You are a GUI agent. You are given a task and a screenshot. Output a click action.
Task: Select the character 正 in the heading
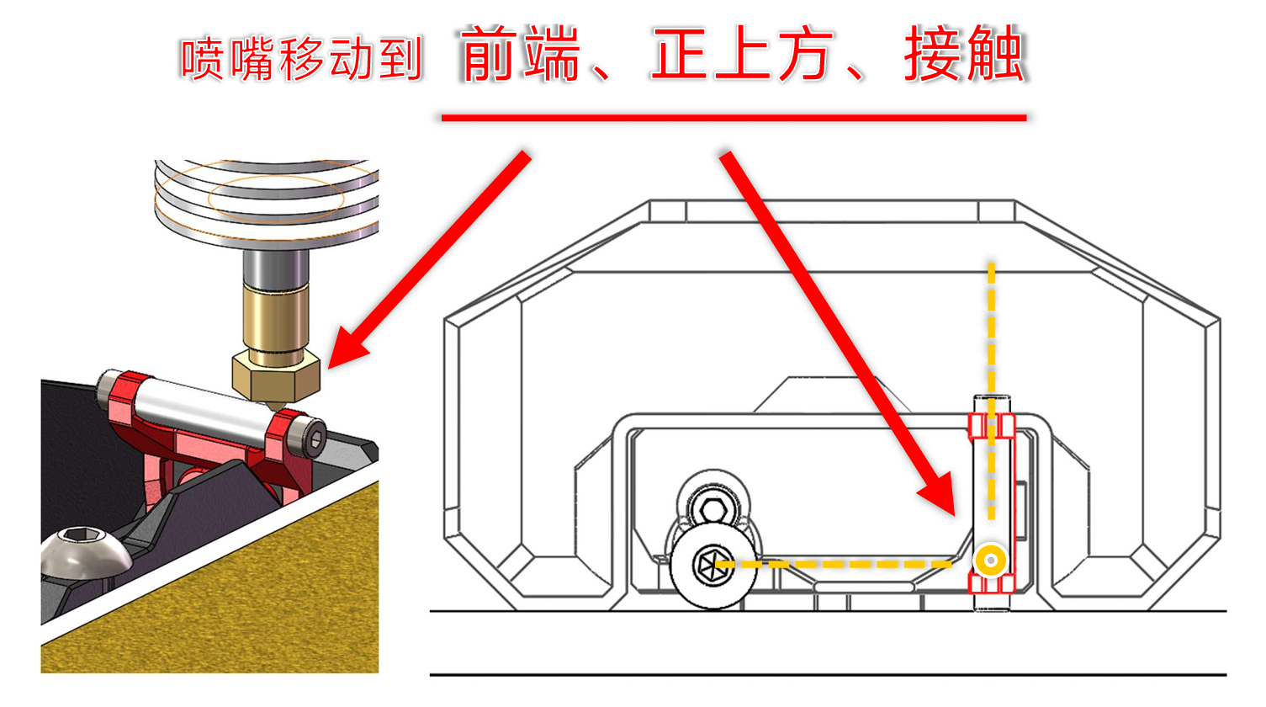pyautogui.click(x=680, y=55)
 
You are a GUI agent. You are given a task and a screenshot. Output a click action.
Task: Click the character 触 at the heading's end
pyautogui.click(x=995, y=55)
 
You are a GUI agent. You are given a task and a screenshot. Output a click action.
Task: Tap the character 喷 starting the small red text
pyautogui.click(x=202, y=59)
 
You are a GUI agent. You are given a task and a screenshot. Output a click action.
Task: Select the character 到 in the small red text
pyautogui.click(x=401, y=59)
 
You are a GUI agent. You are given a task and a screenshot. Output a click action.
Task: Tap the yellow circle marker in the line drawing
pyautogui.click(x=991, y=560)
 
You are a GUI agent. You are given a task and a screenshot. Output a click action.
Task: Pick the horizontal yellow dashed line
pyautogui.click(x=841, y=564)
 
